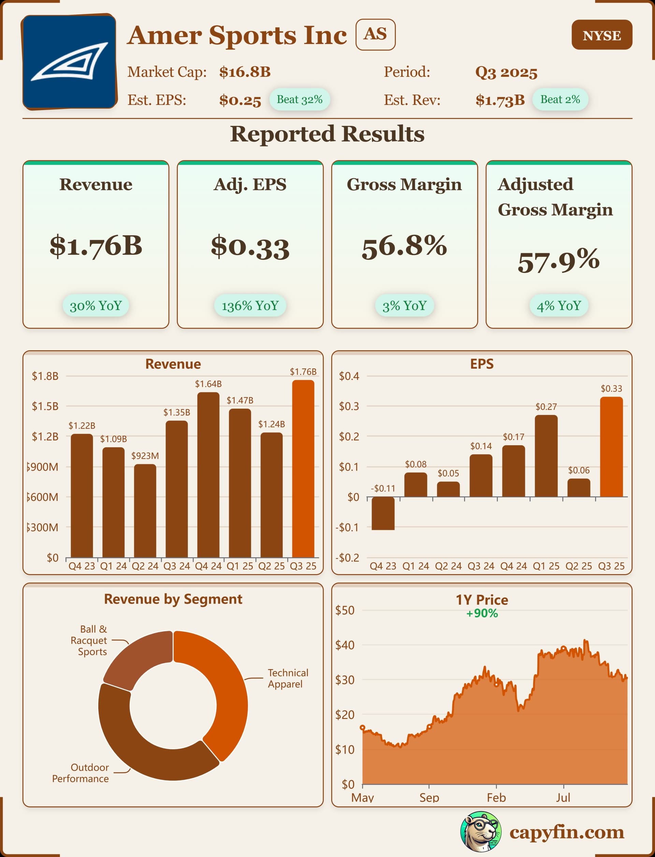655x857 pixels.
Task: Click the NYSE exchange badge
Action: pyautogui.click(x=601, y=35)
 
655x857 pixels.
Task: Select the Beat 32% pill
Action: pyautogui.click(x=300, y=99)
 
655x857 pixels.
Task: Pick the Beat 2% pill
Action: pyautogui.click(x=560, y=99)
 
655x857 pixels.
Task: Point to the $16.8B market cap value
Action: pyautogui.click(x=245, y=72)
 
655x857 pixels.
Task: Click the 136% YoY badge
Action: pyautogui.click(x=250, y=306)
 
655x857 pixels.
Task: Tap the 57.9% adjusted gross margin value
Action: pyautogui.click(x=558, y=261)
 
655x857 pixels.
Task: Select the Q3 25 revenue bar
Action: pyautogui.click(x=303, y=468)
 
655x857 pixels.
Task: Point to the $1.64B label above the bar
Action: pyautogui.click(x=208, y=384)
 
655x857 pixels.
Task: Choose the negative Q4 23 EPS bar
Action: pyautogui.click(x=383, y=513)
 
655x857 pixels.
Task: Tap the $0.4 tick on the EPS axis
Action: pyautogui.click(x=349, y=376)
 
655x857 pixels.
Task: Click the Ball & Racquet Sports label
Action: pyautogui.click(x=89, y=640)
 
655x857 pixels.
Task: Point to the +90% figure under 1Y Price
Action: pyautogui.click(x=482, y=613)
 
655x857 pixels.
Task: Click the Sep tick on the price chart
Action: pyautogui.click(x=429, y=797)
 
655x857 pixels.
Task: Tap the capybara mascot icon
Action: pyautogui.click(x=481, y=832)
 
